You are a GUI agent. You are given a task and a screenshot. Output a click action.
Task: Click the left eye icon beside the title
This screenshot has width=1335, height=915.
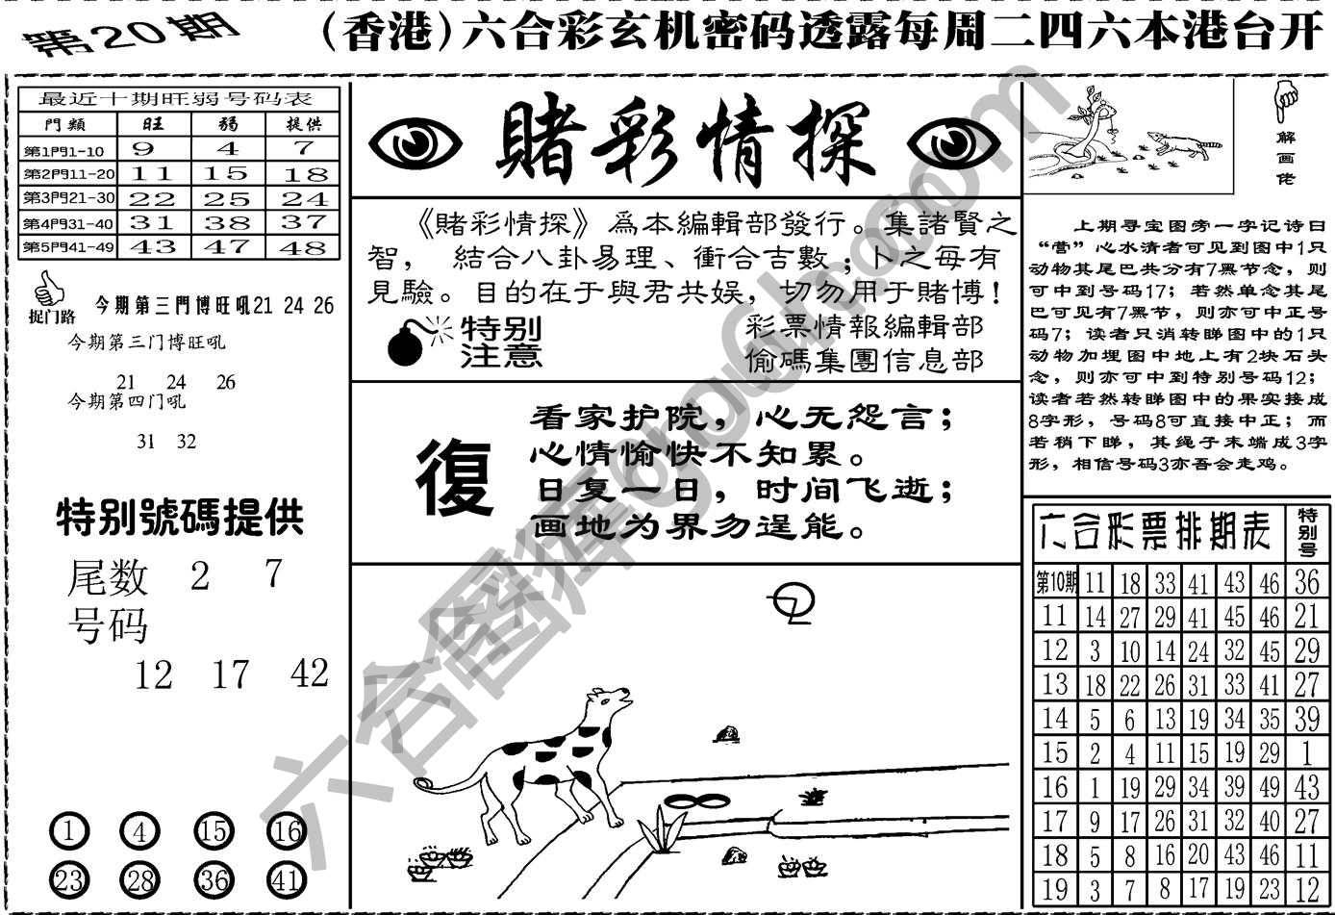click(416, 144)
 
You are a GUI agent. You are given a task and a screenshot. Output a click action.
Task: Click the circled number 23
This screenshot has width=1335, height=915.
click(68, 878)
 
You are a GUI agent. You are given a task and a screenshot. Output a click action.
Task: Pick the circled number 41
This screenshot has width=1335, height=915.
click(287, 878)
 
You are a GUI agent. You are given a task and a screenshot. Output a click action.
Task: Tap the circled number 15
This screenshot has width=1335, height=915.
click(214, 830)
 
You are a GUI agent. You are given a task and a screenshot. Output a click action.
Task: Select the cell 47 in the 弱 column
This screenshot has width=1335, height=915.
click(227, 246)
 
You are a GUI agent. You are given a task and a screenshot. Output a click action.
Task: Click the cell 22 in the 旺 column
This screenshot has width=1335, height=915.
click(152, 198)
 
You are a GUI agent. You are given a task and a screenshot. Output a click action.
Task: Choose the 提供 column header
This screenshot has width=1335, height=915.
click(304, 124)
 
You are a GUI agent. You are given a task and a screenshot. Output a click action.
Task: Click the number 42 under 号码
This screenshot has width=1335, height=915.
click(309, 674)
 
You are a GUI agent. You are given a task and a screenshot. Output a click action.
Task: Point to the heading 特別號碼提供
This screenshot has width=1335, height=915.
click(180, 519)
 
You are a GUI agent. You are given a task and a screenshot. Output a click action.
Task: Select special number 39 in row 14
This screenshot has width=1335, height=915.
click(1306, 719)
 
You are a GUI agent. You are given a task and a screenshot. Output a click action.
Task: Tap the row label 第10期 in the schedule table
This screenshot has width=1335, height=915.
click(1055, 582)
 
